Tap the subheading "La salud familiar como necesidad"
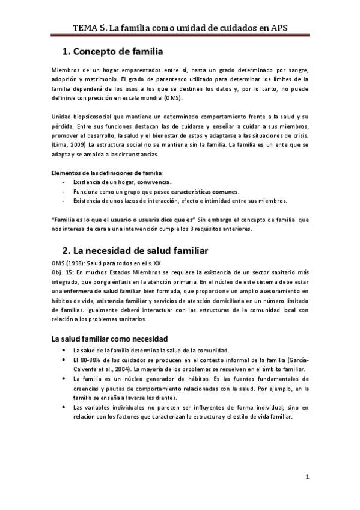point(109,339)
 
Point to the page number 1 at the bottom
point(307,478)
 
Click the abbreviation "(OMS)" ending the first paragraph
point(172,99)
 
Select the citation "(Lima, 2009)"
point(69,145)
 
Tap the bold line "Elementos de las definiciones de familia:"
point(104,173)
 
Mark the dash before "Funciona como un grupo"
point(64,191)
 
